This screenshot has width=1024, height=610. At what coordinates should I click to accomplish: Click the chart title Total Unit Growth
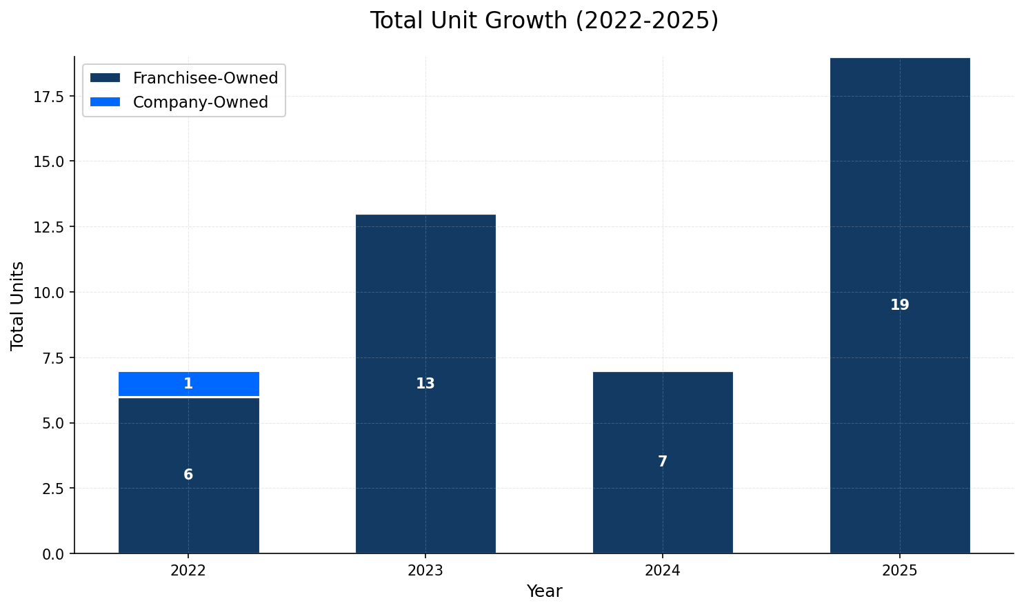click(544, 21)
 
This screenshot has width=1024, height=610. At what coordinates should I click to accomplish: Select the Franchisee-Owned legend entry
click(205, 78)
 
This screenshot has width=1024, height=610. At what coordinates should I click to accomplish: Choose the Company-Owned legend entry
click(200, 102)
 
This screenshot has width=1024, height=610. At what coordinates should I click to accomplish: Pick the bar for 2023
click(425, 311)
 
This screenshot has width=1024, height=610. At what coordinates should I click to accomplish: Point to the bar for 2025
click(900, 207)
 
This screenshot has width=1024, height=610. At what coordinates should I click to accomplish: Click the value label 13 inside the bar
click(425, 384)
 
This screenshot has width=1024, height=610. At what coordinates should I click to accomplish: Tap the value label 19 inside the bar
click(900, 305)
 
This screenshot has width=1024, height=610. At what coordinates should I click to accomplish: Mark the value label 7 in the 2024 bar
click(663, 462)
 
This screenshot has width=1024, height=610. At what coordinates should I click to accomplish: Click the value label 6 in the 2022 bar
click(188, 475)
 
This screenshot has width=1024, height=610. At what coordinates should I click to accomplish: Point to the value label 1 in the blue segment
click(188, 384)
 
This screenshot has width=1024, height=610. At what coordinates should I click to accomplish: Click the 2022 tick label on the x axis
click(188, 571)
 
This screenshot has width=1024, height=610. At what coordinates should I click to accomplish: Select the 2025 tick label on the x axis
click(900, 571)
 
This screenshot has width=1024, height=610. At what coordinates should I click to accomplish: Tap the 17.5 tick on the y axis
click(49, 97)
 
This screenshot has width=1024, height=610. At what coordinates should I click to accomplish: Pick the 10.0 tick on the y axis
click(49, 293)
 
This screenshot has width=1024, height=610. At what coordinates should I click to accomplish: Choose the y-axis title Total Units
click(18, 305)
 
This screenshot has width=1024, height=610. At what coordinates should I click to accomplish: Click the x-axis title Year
click(544, 591)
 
